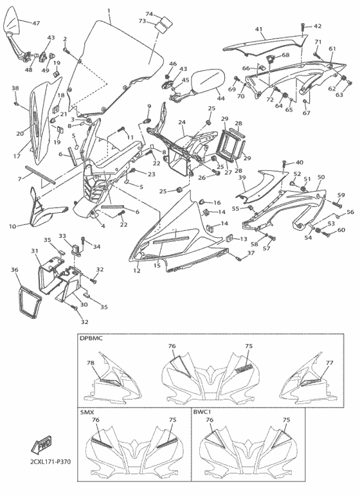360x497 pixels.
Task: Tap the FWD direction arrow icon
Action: coord(42,444)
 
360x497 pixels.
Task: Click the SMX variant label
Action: coord(87,411)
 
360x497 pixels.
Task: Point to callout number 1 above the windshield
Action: coord(109,11)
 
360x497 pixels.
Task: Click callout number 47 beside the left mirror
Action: coord(36,23)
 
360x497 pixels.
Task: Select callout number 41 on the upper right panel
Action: coord(258,30)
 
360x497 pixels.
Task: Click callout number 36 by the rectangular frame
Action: coord(14,271)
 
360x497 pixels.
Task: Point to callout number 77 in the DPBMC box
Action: coord(329,363)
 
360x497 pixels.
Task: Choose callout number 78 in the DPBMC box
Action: coord(91,363)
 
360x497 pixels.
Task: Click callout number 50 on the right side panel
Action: coord(321,177)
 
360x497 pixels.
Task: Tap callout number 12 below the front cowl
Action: coord(136,272)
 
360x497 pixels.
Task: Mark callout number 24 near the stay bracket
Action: coord(182,122)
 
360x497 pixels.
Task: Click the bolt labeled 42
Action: coord(301,26)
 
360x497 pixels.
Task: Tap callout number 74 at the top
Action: coord(149,14)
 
